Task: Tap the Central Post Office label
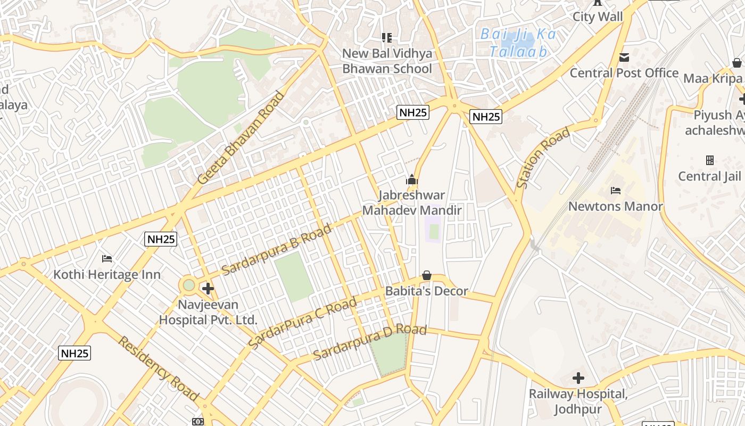point(624,73)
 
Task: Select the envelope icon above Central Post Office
point(624,57)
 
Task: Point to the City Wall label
point(597,17)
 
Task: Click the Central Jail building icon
point(709,160)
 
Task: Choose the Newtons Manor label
point(616,206)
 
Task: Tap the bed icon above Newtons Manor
point(616,190)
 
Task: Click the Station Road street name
point(543,158)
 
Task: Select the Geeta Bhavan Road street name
point(241,138)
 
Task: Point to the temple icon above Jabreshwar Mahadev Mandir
point(412,180)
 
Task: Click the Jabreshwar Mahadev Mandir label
point(412,203)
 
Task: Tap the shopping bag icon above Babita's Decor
point(426,275)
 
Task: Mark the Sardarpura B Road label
point(276,249)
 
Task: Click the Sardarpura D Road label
point(369,342)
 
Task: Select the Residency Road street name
point(158,368)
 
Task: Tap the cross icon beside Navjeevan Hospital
point(208,289)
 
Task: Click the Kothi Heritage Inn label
point(106,275)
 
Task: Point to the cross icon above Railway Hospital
point(578,379)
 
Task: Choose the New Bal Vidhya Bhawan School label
point(387,61)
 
